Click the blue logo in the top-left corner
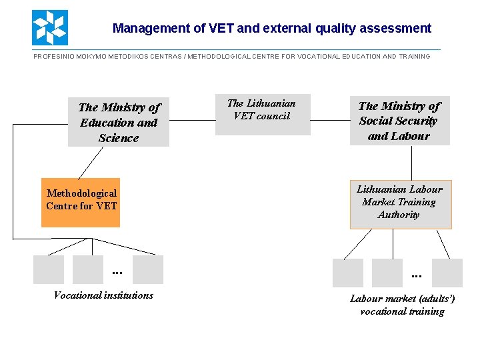click(x=49, y=27)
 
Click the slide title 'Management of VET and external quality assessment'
click(x=271, y=29)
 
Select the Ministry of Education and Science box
click(x=119, y=122)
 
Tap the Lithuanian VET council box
click(x=263, y=114)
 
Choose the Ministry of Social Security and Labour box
click(x=399, y=121)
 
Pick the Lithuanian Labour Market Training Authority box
click(x=401, y=204)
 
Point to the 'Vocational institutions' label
click(x=103, y=295)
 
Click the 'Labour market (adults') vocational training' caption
click(x=402, y=305)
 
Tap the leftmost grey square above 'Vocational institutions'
click(x=48, y=269)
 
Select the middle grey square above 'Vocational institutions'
click(x=88, y=269)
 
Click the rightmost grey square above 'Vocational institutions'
click(x=147, y=269)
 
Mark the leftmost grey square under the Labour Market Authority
click(x=347, y=273)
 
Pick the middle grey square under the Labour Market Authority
click(x=387, y=273)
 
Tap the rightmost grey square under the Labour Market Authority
click(x=447, y=273)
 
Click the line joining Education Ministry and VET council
click(x=192, y=121)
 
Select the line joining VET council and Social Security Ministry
click(x=330, y=121)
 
